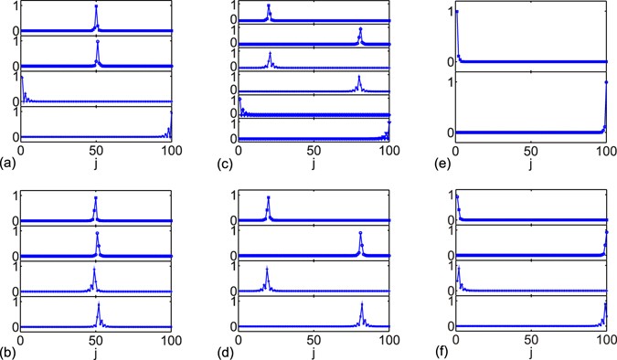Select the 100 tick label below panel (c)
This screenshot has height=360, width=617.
pos(388,152)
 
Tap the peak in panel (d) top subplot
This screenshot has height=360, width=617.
pos(269,197)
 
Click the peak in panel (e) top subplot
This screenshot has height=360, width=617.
pos(456,12)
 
